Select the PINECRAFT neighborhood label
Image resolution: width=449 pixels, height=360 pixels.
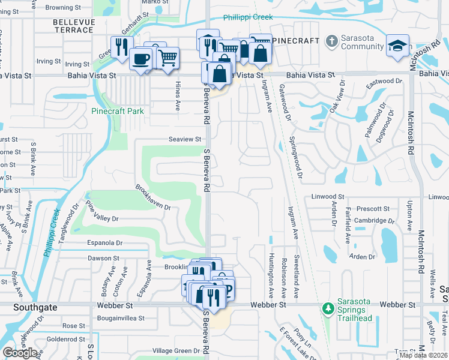[295, 40]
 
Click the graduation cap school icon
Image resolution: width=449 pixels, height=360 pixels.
[397, 46]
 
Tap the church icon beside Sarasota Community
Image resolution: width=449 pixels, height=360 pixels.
[331, 41]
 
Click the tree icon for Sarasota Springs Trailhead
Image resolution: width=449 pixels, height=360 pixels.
[328, 308]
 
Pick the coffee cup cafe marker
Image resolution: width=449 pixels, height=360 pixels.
[141, 59]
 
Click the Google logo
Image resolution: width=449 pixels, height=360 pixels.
[20, 353]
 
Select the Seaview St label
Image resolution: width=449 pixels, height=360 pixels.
[184, 139]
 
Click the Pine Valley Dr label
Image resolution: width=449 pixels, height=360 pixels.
[101, 214]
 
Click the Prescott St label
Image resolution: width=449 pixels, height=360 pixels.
[373, 209]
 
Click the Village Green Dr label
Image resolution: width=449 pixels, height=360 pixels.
[175, 350]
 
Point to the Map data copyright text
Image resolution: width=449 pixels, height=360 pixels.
[423, 355]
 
